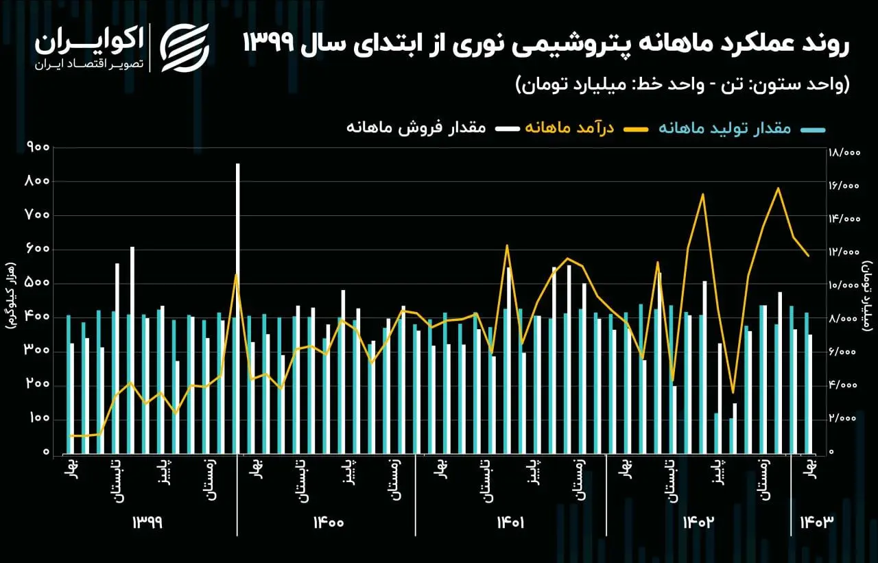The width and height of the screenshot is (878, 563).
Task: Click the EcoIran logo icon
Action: (185, 46)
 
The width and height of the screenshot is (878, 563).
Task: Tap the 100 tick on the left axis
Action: (39, 419)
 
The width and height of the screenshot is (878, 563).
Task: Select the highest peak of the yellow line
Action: (778, 188)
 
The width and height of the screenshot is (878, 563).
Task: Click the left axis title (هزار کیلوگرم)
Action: (11, 295)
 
